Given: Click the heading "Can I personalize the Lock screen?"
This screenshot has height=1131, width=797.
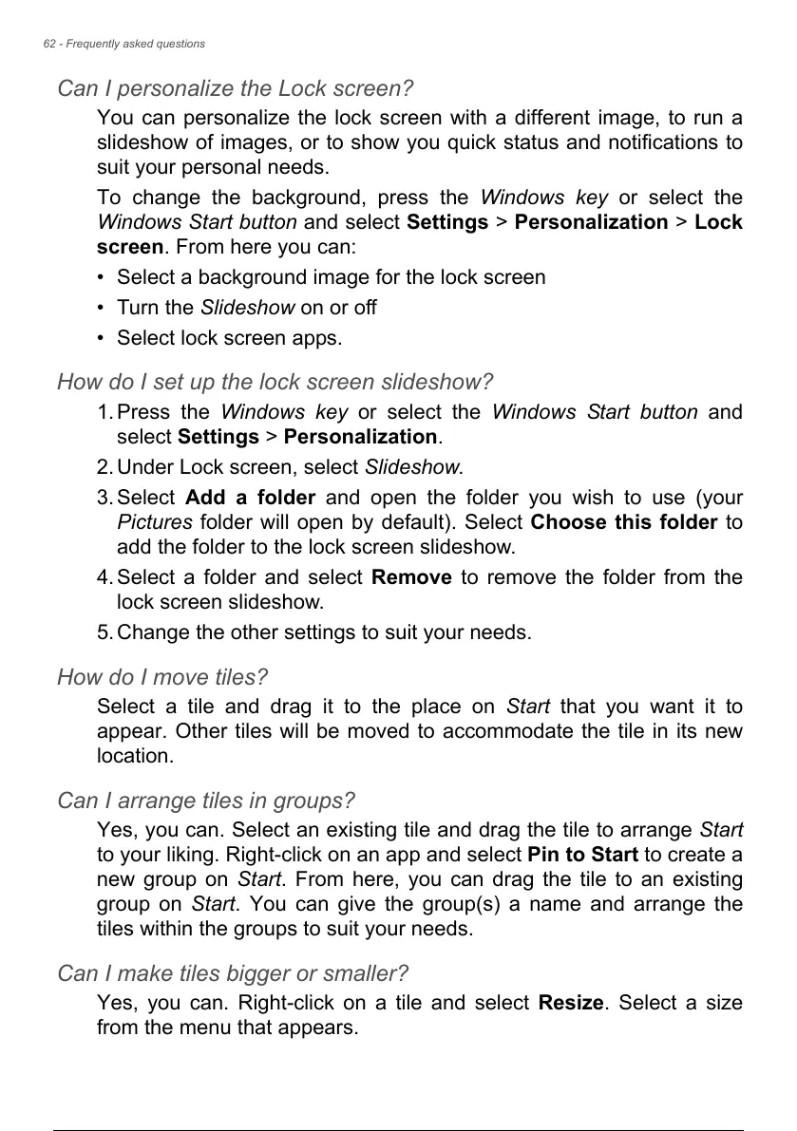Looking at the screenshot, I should tap(235, 89).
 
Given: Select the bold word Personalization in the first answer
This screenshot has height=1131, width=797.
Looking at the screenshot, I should tap(590, 222).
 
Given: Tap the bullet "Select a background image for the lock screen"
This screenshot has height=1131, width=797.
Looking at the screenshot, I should tap(331, 277).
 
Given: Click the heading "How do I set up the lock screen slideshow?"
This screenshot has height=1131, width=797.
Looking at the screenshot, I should tap(275, 383).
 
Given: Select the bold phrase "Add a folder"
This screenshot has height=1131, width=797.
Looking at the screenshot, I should tap(251, 498).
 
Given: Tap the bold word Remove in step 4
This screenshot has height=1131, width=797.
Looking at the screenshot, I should tap(411, 577).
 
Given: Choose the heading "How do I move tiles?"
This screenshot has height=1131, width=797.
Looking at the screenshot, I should tap(162, 678).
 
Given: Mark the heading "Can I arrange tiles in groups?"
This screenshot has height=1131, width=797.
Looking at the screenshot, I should tap(206, 801).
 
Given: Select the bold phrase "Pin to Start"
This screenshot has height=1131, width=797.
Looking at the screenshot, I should tap(581, 855).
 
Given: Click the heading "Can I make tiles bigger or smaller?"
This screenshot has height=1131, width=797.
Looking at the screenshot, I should tap(233, 974).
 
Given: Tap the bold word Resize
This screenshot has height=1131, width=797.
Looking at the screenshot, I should tap(570, 1003).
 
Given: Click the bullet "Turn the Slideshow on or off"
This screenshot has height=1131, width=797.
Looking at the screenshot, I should tap(246, 308).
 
